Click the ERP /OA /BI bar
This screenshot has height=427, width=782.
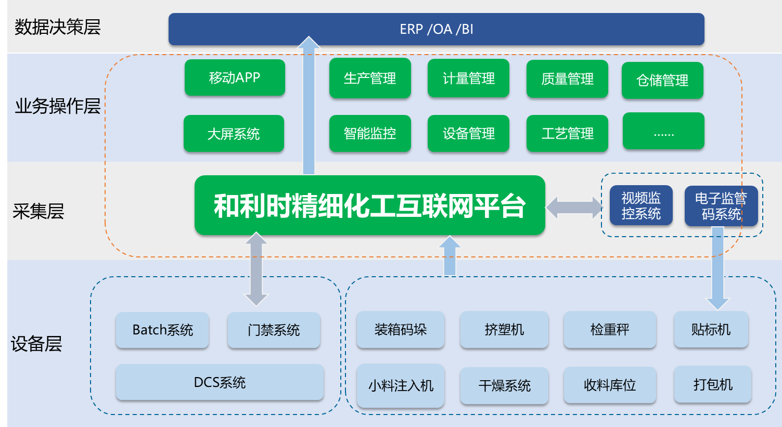(436, 29)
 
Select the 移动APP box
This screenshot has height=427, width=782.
(235, 77)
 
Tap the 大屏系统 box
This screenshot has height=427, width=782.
(234, 134)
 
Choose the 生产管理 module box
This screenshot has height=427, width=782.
(370, 79)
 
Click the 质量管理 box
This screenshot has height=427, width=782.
(567, 79)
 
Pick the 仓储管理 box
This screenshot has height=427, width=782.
(662, 81)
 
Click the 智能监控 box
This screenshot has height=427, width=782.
(370, 134)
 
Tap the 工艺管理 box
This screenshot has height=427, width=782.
(567, 134)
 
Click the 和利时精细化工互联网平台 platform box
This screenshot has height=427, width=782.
(369, 205)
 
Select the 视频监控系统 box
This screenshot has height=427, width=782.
(641, 205)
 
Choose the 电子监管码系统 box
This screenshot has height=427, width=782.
(721, 206)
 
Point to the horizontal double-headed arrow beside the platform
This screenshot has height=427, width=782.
(574, 208)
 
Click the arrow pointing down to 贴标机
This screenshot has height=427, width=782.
(717, 270)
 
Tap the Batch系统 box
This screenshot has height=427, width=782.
(162, 330)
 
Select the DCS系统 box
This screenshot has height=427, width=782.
(220, 382)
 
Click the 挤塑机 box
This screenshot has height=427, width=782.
(504, 330)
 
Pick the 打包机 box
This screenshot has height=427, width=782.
(712, 384)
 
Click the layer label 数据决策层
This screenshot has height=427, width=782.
(57, 27)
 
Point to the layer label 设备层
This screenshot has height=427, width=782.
(36, 344)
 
